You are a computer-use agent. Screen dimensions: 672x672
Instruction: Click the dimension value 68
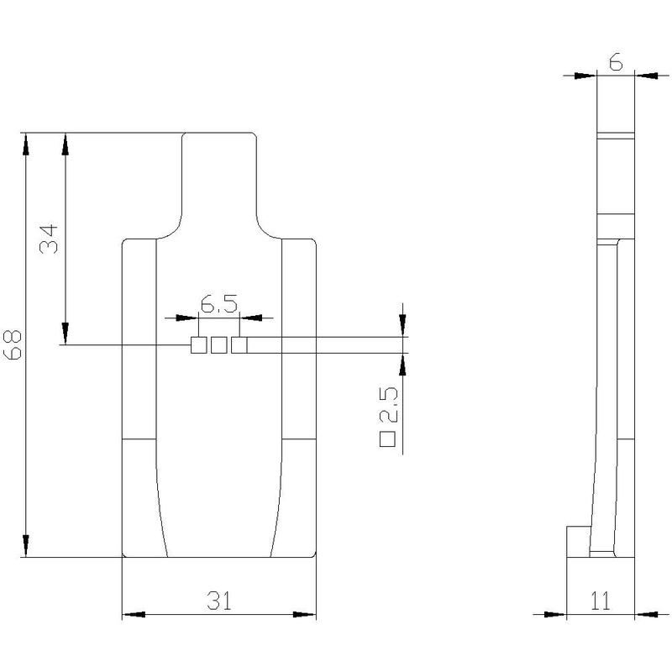click(12, 345)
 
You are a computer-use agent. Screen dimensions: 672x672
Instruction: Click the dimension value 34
click(49, 239)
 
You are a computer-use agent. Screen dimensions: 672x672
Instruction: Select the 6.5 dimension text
click(219, 304)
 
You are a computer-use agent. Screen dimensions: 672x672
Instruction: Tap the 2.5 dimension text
click(389, 404)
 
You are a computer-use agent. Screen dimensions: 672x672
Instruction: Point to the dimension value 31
click(219, 601)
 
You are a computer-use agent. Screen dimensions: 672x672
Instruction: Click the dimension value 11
click(600, 601)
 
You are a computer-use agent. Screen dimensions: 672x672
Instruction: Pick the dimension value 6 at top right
click(616, 62)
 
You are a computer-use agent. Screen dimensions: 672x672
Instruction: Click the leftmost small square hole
click(198, 345)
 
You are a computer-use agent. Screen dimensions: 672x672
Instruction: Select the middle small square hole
click(219, 345)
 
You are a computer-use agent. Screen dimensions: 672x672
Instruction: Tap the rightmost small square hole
click(239, 345)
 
